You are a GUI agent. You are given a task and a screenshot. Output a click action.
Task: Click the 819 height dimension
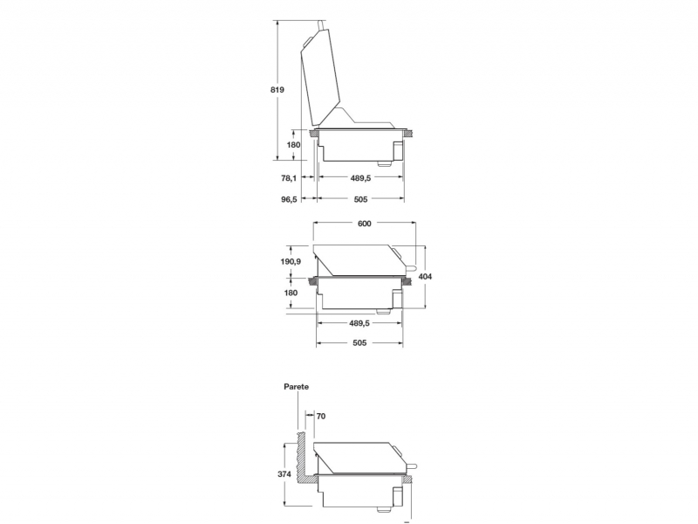(x=277, y=90)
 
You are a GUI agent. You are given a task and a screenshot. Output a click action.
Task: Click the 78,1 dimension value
(x=289, y=178)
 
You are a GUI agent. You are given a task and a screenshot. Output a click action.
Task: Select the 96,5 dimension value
(x=289, y=199)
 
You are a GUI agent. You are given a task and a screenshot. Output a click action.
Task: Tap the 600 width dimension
(x=364, y=224)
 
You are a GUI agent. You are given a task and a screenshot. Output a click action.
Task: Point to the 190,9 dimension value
(x=291, y=261)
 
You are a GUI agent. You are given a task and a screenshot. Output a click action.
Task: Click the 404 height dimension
(x=425, y=277)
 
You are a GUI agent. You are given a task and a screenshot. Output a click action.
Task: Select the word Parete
(x=296, y=387)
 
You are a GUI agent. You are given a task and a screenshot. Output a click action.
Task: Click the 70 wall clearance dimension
(x=321, y=417)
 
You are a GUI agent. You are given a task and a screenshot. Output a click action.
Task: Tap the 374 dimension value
(x=284, y=474)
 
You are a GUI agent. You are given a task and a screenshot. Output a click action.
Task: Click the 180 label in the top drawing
(x=293, y=145)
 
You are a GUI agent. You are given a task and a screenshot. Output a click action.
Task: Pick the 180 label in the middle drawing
(x=291, y=293)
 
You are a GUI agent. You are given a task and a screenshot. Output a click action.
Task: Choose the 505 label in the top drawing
(x=360, y=199)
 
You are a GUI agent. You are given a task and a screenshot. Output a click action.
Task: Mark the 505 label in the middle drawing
(x=359, y=342)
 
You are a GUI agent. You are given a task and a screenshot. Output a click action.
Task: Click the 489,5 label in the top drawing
(x=360, y=178)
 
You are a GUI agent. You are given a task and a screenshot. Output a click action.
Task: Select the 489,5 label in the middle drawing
(x=359, y=323)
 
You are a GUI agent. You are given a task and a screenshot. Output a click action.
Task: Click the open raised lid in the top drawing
(x=320, y=78)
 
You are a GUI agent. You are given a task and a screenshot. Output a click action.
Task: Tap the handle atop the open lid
(x=322, y=25)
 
